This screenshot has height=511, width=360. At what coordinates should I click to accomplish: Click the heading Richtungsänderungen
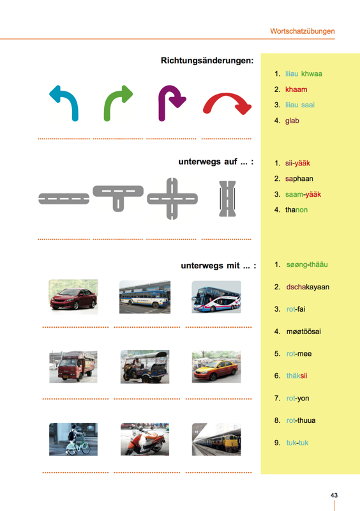(207, 61)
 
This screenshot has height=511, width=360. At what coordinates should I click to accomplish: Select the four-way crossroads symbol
(172, 199)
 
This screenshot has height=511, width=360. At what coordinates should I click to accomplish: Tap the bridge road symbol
(227, 199)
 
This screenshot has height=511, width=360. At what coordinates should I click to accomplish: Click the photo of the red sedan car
(73, 296)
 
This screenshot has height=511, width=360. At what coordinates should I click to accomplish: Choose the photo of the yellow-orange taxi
(216, 367)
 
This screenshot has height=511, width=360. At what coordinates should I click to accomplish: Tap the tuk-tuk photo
(145, 367)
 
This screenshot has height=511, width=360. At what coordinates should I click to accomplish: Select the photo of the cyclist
(73, 439)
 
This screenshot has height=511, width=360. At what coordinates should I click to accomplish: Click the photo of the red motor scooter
(145, 439)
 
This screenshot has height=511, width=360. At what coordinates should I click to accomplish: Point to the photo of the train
(216, 439)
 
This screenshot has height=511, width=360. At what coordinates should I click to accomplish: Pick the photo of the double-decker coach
(216, 296)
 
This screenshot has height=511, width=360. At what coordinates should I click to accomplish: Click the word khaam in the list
(296, 89)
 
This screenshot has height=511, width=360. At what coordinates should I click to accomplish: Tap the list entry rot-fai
(296, 309)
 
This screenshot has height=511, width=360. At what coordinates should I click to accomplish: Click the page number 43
(334, 495)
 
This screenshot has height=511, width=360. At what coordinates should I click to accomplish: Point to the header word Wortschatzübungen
(303, 31)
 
